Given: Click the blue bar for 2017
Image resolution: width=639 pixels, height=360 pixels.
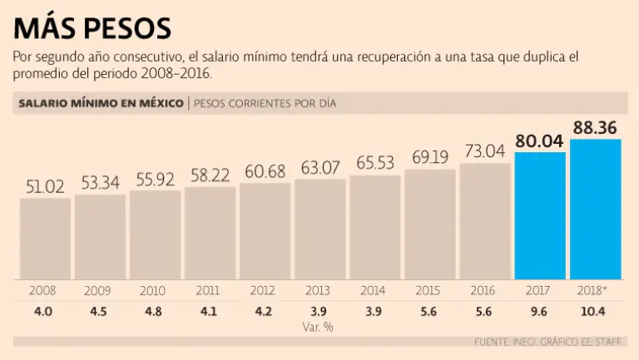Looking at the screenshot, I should [540, 215].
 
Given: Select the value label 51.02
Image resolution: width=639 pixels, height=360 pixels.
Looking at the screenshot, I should [45, 186].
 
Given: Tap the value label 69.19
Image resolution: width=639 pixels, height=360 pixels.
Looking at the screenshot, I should [430, 157].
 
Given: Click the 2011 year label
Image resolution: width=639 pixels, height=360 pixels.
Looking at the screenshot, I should [207, 291].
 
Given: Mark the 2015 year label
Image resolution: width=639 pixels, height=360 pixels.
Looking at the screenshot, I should [428, 291].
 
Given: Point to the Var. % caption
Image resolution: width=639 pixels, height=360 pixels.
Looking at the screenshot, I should [319, 327].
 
